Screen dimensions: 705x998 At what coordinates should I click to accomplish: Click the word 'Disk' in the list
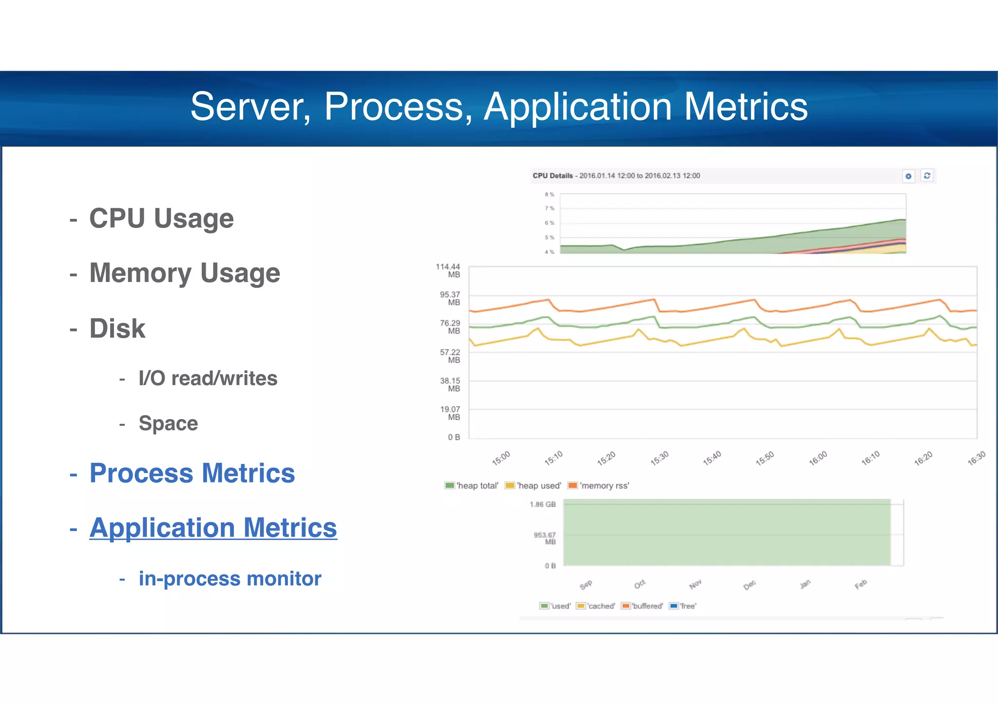coord(117,328)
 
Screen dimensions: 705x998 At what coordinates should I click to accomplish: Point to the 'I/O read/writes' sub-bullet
coord(208,378)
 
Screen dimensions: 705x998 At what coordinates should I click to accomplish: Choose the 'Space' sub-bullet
coord(168,423)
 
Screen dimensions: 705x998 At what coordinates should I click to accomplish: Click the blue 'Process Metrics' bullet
coord(192,473)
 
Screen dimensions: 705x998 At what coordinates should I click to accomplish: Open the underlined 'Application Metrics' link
coord(213,528)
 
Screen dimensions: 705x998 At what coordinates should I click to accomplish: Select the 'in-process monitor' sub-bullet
coord(230,578)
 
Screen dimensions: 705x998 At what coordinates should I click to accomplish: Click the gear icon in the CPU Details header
coord(908,176)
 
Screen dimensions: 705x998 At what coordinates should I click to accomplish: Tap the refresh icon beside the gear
coord(927,175)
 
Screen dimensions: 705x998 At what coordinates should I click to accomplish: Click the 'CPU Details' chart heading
coord(553,175)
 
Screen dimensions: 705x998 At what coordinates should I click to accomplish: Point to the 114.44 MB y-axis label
coord(448,270)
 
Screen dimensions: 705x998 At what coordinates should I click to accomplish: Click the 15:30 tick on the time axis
coord(660,458)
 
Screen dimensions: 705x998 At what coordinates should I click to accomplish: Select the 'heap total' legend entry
coord(472,485)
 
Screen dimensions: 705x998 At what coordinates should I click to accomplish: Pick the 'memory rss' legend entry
coord(599,485)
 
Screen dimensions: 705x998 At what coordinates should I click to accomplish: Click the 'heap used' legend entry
coord(534,485)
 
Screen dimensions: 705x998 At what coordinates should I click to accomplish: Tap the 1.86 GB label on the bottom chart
coord(543,504)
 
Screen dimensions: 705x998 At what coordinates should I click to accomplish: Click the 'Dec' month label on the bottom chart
coord(749,585)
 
